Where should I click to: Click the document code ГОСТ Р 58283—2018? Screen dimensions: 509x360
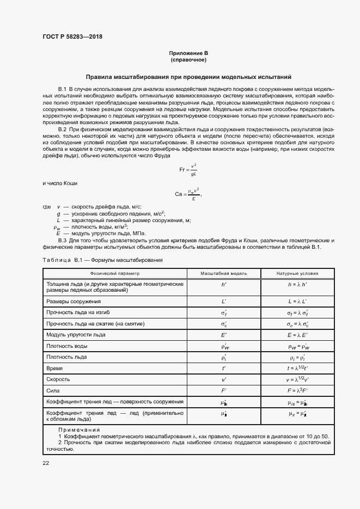(72, 37)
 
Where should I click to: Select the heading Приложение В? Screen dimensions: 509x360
(188, 53)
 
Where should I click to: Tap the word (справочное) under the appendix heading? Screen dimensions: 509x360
(188, 60)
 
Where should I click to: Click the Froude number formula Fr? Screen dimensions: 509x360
(188, 170)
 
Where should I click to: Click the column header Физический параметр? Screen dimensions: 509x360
(115, 273)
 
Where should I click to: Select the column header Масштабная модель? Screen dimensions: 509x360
(224, 273)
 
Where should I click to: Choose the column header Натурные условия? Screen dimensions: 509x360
(298, 273)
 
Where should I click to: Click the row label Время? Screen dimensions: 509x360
(55, 368)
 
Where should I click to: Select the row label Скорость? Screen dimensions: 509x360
(59, 379)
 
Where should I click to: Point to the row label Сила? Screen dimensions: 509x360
(53, 390)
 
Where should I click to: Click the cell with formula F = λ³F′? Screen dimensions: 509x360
(298, 390)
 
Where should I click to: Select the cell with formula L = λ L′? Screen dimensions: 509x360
(298, 301)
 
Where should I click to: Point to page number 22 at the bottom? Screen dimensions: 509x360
(46, 463)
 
